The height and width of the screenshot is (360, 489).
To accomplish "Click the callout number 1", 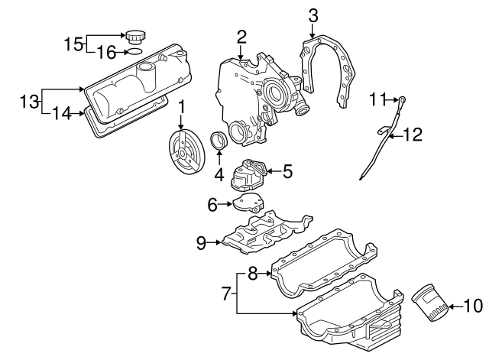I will pyautogui.click(x=182, y=106).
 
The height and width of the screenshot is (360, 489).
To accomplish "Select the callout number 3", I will pyautogui.click(x=313, y=14).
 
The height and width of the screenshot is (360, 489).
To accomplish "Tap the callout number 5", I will pyautogui.click(x=287, y=171).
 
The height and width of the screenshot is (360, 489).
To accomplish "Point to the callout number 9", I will pyautogui.click(x=202, y=243).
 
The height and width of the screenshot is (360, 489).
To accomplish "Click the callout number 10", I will pyautogui.click(x=473, y=306).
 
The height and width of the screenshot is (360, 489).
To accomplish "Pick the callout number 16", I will pyautogui.click(x=107, y=52).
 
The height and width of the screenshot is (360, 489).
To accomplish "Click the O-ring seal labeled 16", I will pyautogui.click(x=134, y=52).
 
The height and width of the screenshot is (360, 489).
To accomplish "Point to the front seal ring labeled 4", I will pyautogui.click(x=218, y=142).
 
